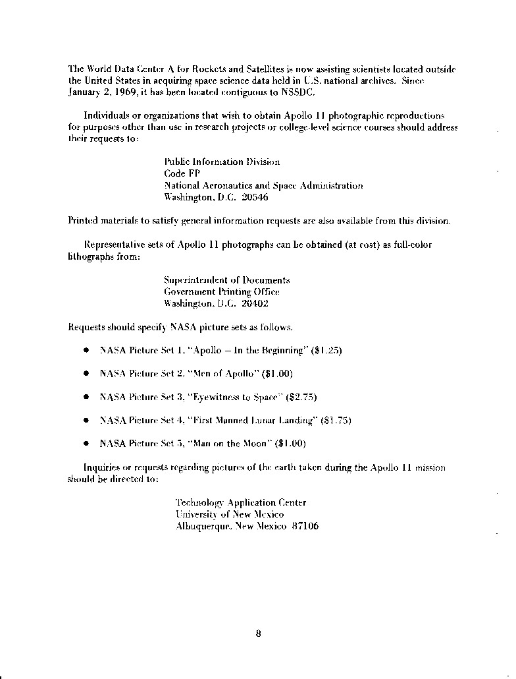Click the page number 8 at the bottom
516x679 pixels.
pos(259,634)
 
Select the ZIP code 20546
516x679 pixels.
pos(255,197)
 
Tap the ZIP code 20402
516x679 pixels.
pos(255,304)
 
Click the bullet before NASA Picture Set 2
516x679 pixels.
pos(86,374)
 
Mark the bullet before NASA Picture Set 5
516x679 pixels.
pos(86,444)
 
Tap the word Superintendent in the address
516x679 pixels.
pos(192,280)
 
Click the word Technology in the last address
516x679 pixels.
pos(200,503)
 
